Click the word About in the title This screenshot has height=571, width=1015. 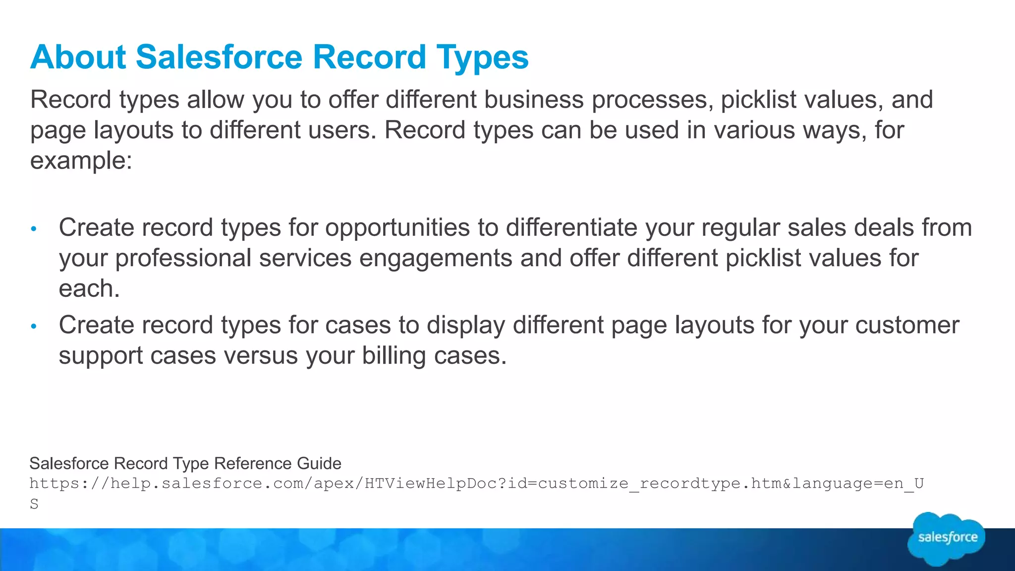tap(78, 57)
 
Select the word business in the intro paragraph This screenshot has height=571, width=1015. tap(534, 100)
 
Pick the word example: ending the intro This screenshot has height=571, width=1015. tap(81, 161)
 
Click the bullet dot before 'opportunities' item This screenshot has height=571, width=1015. tap(34, 228)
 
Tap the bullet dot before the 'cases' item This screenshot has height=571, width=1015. tap(34, 326)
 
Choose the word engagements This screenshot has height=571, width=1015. tap(436, 259)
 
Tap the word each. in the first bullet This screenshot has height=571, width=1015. tap(89, 289)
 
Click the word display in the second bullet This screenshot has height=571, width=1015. tap(466, 326)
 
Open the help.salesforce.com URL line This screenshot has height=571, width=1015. tap(476, 483)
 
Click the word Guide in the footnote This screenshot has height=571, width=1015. tap(319, 463)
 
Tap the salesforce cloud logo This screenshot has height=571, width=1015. tap(947, 538)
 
